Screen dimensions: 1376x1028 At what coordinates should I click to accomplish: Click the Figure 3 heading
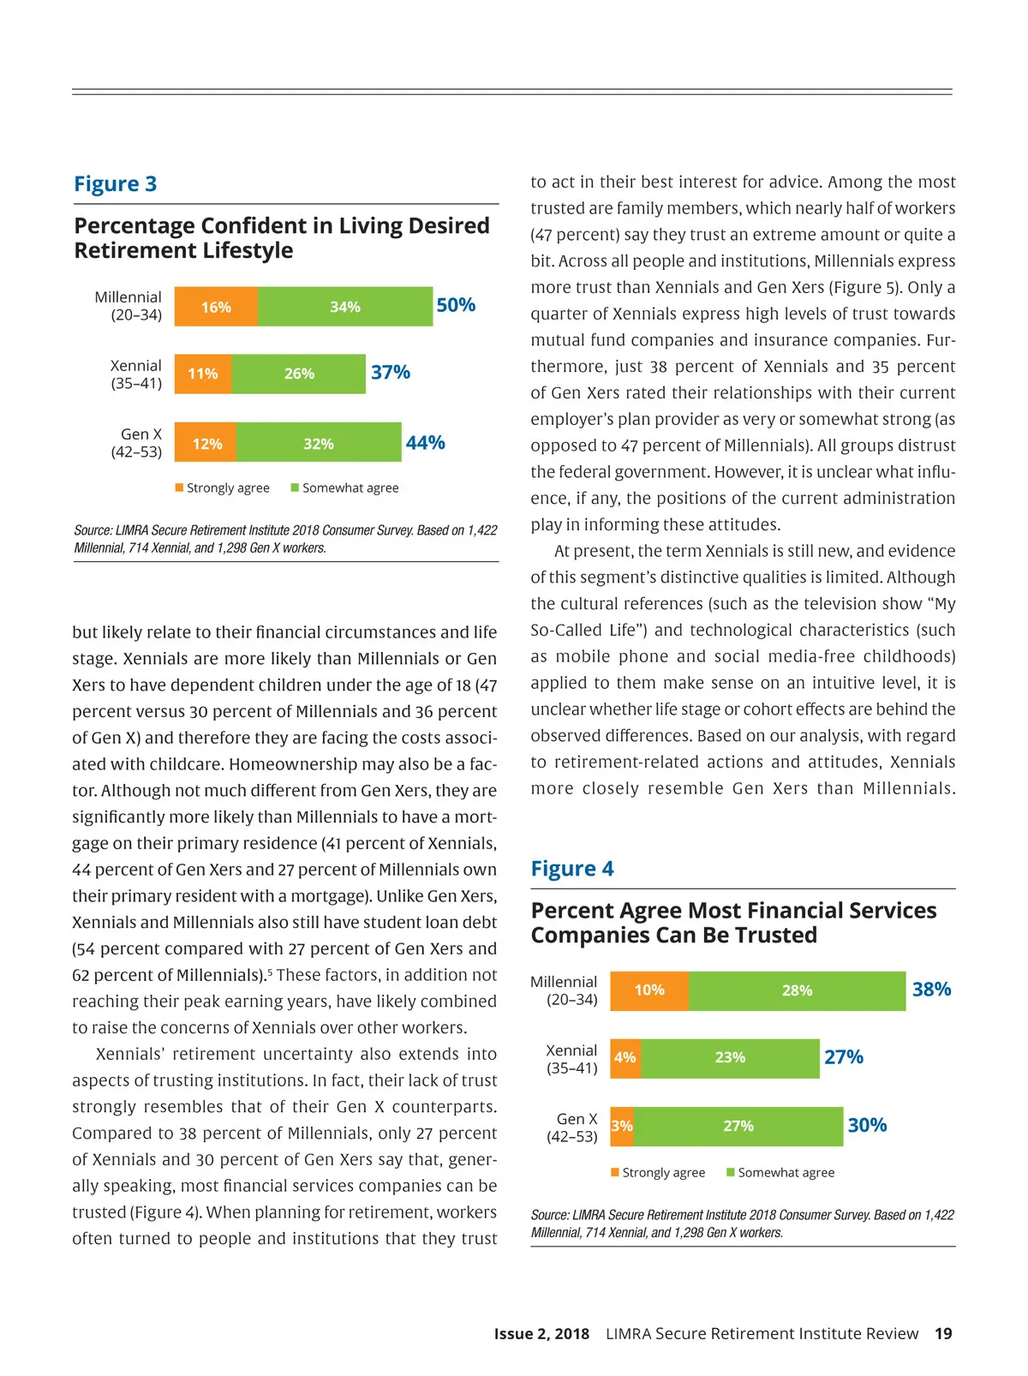click(115, 184)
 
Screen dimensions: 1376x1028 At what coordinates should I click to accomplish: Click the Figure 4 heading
click(572, 869)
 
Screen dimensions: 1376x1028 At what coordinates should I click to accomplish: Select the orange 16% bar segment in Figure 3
click(216, 307)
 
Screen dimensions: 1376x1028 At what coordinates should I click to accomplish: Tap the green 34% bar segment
click(345, 307)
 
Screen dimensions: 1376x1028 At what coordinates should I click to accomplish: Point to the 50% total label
click(456, 305)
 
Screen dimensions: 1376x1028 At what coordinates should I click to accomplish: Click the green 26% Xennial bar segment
click(299, 374)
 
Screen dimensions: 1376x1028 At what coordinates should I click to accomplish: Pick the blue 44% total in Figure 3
click(425, 443)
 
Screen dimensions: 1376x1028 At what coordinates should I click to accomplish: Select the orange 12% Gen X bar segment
click(206, 443)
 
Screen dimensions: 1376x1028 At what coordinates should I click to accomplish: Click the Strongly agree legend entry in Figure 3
click(223, 488)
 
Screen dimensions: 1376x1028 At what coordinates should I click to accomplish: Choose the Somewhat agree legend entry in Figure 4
click(780, 1172)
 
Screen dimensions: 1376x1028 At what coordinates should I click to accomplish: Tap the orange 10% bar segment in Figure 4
click(649, 990)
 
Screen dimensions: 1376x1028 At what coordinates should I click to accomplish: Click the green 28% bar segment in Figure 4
click(797, 990)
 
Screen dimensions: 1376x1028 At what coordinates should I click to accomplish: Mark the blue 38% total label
click(931, 990)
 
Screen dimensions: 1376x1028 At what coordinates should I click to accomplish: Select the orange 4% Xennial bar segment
click(625, 1057)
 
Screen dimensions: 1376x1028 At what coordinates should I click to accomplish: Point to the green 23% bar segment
click(730, 1057)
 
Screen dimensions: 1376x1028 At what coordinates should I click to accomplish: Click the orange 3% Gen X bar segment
click(622, 1126)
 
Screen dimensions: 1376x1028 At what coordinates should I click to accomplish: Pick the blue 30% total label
click(867, 1125)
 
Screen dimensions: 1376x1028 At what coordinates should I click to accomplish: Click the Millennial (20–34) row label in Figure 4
click(564, 990)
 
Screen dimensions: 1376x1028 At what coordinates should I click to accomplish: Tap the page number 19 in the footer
click(943, 1333)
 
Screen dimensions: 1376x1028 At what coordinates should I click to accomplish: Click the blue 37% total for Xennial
click(391, 373)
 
